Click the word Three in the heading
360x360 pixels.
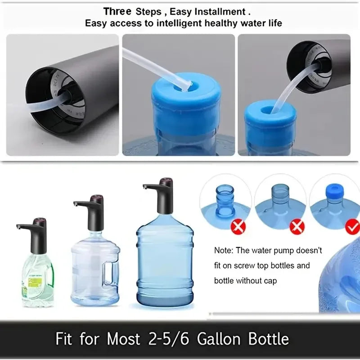point(117,11)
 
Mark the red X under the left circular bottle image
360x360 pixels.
point(237,227)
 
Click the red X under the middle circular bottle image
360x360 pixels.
point(297,227)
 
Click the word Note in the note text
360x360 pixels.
point(223,250)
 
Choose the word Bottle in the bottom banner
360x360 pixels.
point(265,339)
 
